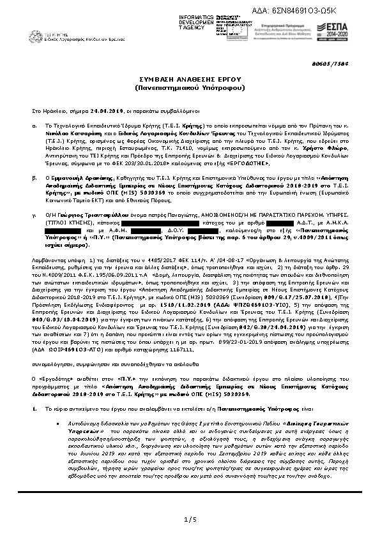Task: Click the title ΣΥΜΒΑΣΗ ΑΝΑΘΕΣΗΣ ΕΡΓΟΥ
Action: click(x=190, y=75)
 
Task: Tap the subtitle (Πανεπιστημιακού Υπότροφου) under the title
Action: click(x=190, y=84)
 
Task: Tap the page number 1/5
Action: click(x=190, y=520)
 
